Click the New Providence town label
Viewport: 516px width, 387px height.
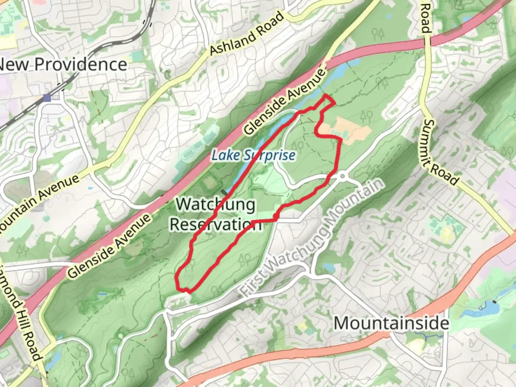63,64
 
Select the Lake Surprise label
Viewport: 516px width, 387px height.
253,156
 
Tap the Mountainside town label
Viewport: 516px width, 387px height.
391,323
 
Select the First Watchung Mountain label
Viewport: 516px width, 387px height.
312,238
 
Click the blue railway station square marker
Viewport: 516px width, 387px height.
47,98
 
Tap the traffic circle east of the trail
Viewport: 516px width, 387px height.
343,176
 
